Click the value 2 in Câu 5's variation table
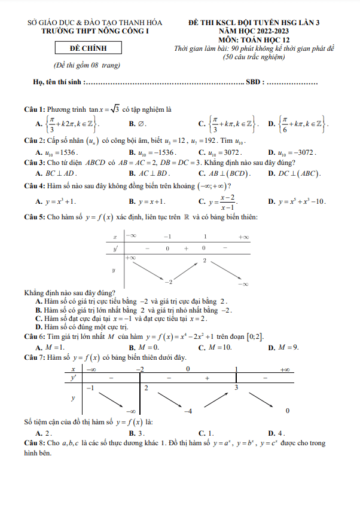[205, 260]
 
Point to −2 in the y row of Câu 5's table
[169, 281]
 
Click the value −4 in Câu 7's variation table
[187, 411]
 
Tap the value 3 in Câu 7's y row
[236, 388]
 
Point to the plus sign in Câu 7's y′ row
[207, 378]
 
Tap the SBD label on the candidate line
[254, 82]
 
